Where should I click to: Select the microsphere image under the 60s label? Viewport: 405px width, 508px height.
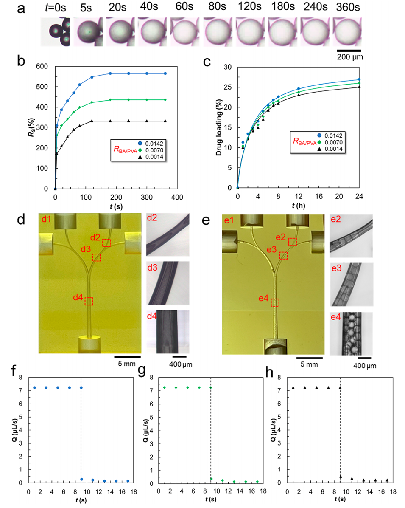click(x=185, y=32)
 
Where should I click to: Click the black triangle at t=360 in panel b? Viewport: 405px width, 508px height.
click(x=165, y=121)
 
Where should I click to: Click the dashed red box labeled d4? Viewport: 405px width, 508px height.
click(x=89, y=301)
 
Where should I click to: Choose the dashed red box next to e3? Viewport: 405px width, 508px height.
click(x=284, y=256)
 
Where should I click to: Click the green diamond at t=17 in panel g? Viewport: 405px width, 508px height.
click(x=257, y=481)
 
